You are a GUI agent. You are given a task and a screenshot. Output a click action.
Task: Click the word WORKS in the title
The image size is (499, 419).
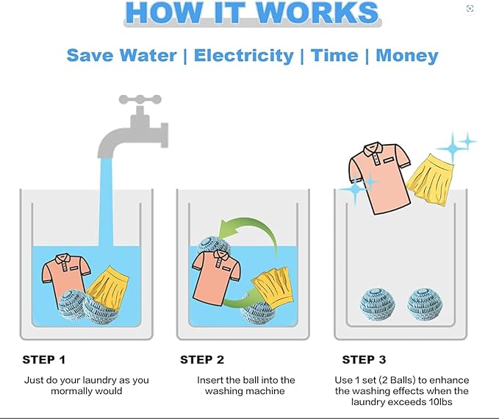click(317, 12)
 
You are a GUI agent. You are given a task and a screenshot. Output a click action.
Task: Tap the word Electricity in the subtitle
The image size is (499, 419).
click(244, 56)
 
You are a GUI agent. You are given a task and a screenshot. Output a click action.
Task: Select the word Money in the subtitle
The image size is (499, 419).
click(407, 56)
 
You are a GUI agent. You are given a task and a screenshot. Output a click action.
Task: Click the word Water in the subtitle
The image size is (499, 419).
click(148, 55)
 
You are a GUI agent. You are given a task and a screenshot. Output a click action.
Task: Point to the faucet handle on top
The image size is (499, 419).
click(140, 100)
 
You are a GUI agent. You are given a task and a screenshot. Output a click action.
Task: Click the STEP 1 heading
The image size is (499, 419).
click(44, 359)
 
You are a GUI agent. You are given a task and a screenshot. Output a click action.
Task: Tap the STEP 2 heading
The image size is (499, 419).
click(202, 359)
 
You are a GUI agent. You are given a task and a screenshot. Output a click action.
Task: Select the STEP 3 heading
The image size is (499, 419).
click(364, 359)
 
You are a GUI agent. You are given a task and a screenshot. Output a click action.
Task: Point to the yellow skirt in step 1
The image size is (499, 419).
click(107, 287)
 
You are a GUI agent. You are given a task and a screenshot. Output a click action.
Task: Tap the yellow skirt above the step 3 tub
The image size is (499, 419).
click(430, 180)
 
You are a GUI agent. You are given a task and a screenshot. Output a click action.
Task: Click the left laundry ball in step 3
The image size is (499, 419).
click(378, 304)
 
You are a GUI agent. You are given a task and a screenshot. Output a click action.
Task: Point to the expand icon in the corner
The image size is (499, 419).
click(470, 9)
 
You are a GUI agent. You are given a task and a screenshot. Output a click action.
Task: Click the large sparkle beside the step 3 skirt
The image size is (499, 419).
click(452, 148)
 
